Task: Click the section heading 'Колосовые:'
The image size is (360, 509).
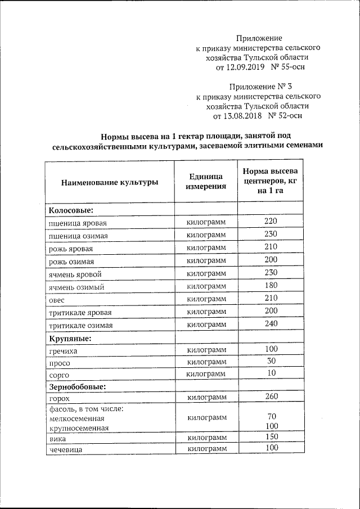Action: (x=70, y=210)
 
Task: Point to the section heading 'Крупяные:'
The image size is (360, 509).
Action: (x=70, y=339)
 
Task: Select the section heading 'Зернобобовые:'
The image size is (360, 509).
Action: (x=76, y=388)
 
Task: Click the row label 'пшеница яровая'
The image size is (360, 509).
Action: (x=78, y=223)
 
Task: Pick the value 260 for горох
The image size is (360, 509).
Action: (x=271, y=397)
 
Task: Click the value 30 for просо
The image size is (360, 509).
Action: (x=271, y=361)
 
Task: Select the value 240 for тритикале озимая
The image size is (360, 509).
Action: (x=271, y=323)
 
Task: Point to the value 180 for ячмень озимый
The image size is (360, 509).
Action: (x=271, y=286)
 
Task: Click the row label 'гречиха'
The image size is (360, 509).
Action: (x=64, y=351)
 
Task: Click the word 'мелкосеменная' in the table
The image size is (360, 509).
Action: (x=78, y=418)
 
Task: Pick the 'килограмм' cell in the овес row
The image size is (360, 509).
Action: (x=206, y=298)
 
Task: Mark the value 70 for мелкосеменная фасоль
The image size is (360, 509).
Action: (x=271, y=417)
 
